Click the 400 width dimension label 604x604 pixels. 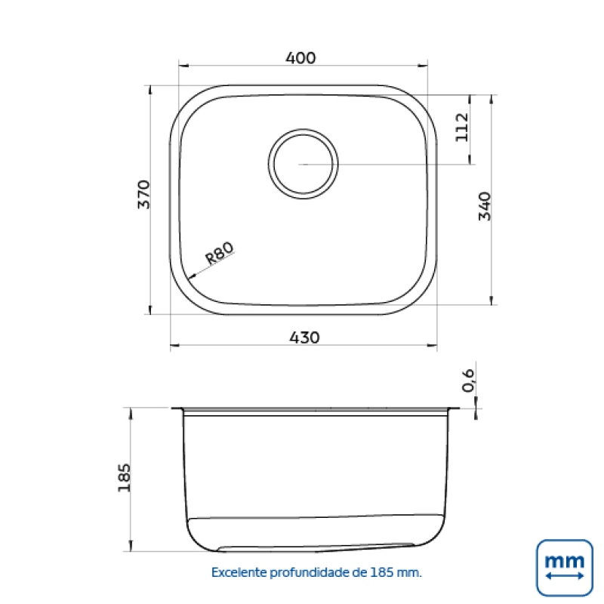pyautogui.click(x=300, y=58)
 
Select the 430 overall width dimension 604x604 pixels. pyautogui.click(x=304, y=337)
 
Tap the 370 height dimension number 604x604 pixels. pyautogui.click(x=144, y=194)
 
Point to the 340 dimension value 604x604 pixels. pyautogui.click(x=485, y=206)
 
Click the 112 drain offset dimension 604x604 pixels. pyautogui.click(x=462, y=127)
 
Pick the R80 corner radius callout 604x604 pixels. pyautogui.click(x=219, y=253)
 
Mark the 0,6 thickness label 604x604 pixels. pyautogui.click(x=468, y=381)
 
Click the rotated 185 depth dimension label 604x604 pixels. pyautogui.click(x=124, y=478)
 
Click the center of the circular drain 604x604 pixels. pyautogui.click(x=304, y=164)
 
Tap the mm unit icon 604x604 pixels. pyautogui.click(x=564, y=568)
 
